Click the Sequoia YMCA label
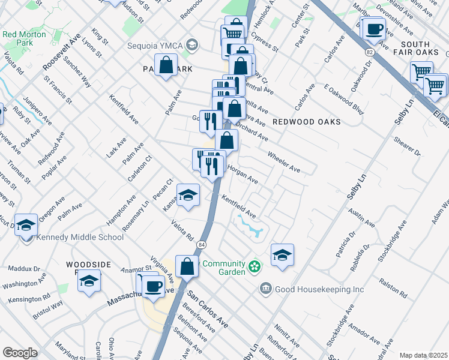pyautogui.click(x=155, y=45)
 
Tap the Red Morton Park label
pyautogui.click(x=25, y=38)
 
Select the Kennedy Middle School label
pyautogui.click(x=80, y=237)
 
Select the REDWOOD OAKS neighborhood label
pyautogui.click(x=306, y=122)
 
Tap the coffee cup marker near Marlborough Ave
pyautogui.click(x=375, y=28)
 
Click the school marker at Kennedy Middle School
pyautogui.click(x=26, y=226)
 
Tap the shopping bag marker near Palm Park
pyautogui.click(x=166, y=65)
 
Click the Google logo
pyautogui.click(x=20, y=353)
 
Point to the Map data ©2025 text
pyautogui.click(x=423, y=355)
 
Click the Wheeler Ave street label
pyautogui.click(x=284, y=161)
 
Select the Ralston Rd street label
pyautogui.click(x=394, y=287)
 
